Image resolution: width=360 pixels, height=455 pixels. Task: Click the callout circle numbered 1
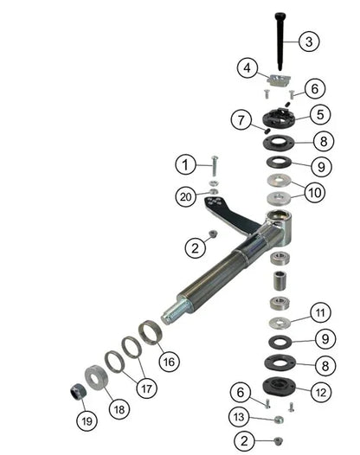click(x=183, y=162)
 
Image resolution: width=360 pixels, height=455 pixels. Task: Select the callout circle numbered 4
click(x=247, y=67)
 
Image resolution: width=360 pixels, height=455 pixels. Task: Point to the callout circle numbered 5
click(x=320, y=114)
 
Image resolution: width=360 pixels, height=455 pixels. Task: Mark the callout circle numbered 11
click(x=320, y=312)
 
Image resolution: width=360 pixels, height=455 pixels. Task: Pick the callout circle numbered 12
click(x=321, y=391)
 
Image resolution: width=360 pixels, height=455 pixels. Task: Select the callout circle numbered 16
click(x=167, y=359)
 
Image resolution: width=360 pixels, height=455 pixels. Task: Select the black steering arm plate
click(x=224, y=210)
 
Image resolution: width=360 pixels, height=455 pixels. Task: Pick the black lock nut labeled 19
click(x=77, y=391)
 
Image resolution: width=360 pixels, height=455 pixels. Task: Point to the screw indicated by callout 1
click(x=214, y=166)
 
